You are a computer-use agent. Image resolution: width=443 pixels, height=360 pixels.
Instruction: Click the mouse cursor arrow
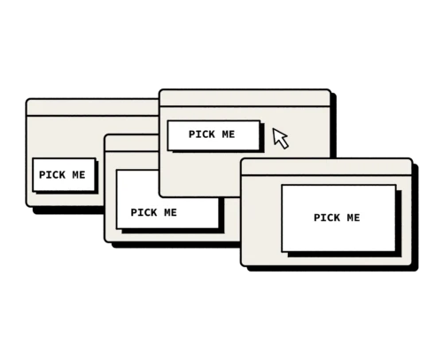[x=279, y=137]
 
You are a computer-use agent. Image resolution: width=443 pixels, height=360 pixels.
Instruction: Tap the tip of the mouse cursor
[x=273, y=128]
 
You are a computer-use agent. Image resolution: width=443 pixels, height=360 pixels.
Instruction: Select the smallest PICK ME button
[x=64, y=175]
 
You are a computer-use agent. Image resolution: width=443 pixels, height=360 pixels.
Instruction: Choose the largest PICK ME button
[x=338, y=218]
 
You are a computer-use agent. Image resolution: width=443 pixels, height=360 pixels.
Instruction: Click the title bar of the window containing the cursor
[x=245, y=98]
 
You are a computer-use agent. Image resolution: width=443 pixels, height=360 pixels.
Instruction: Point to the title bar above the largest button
[x=326, y=167]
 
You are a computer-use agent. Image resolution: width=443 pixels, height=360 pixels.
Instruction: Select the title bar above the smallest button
[x=92, y=108]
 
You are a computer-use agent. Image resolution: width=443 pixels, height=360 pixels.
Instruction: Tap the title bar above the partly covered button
[x=132, y=143]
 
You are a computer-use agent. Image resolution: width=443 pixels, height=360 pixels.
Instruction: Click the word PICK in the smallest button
[x=52, y=175]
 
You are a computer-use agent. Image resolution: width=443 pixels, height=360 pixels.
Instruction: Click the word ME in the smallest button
[x=79, y=175]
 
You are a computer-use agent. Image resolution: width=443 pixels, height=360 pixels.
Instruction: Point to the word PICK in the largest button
[x=327, y=218]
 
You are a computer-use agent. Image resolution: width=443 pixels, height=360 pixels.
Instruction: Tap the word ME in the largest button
[x=354, y=218]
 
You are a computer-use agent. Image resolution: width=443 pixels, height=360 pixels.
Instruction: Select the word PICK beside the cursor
[x=202, y=134]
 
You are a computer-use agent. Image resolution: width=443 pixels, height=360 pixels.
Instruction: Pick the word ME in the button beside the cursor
[x=229, y=134]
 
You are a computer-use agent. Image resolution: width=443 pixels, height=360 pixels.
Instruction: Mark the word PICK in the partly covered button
[x=144, y=212]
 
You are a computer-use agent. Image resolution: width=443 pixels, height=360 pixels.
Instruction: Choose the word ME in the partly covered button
[x=170, y=212]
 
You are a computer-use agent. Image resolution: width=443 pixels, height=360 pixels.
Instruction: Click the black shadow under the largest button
[x=345, y=255]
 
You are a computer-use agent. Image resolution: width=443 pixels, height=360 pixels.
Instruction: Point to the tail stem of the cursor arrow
[x=284, y=144]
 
